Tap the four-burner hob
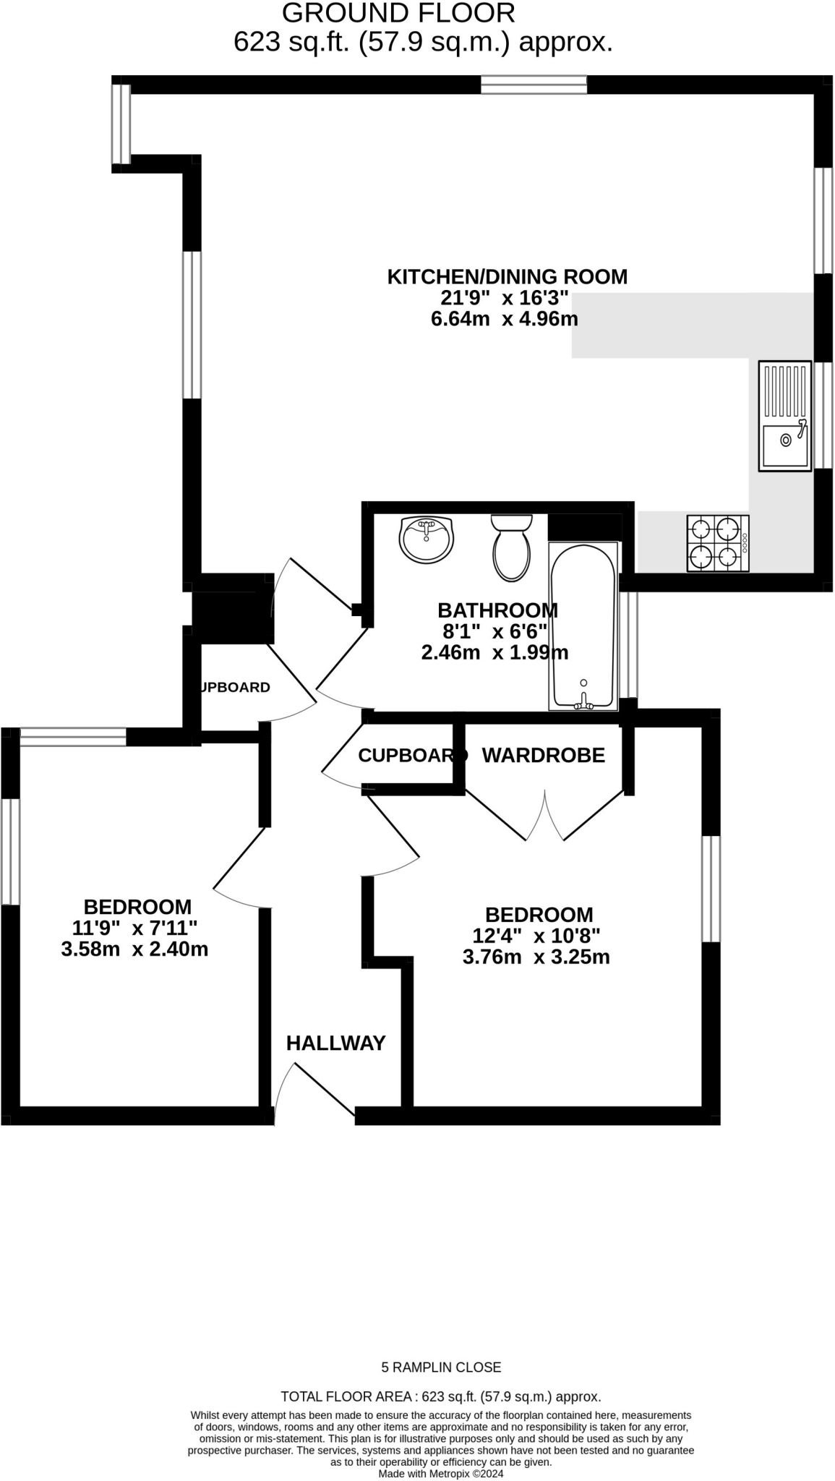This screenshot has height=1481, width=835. click(x=717, y=543)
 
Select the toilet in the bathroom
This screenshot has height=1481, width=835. click(x=512, y=548)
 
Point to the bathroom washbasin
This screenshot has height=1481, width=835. click(x=426, y=539)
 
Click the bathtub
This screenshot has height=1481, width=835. click(x=583, y=626)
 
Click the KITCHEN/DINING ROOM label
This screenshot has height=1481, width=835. click(x=507, y=277)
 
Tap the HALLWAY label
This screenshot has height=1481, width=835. click(x=335, y=1043)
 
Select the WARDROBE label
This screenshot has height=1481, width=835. click(x=543, y=755)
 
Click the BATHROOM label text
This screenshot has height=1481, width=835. click(x=497, y=610)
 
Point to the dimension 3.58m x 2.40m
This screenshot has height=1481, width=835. click(x=134, y=949)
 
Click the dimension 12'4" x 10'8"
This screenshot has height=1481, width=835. click(x=536, y=936)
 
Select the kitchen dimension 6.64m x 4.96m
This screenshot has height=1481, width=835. click(x=504, y=319)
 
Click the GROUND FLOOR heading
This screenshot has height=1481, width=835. click(x=398, y=13)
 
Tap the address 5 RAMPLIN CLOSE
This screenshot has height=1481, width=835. click(x=441, y=1367)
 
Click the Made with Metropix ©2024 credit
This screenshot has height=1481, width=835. click(x=440, y=1473)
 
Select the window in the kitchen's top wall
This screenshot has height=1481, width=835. click(x=534, y=85)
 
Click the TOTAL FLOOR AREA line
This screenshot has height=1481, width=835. click(x=440, y=1396)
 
